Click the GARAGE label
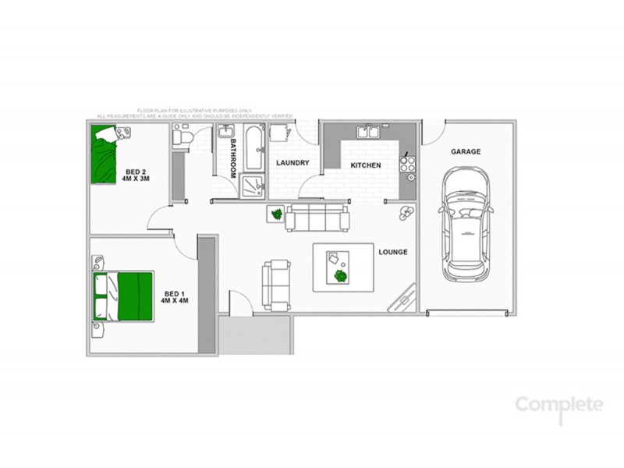point(466,152)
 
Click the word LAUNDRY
point(293,163)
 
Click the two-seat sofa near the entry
point(275,284)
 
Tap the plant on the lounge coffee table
point(340,276)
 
